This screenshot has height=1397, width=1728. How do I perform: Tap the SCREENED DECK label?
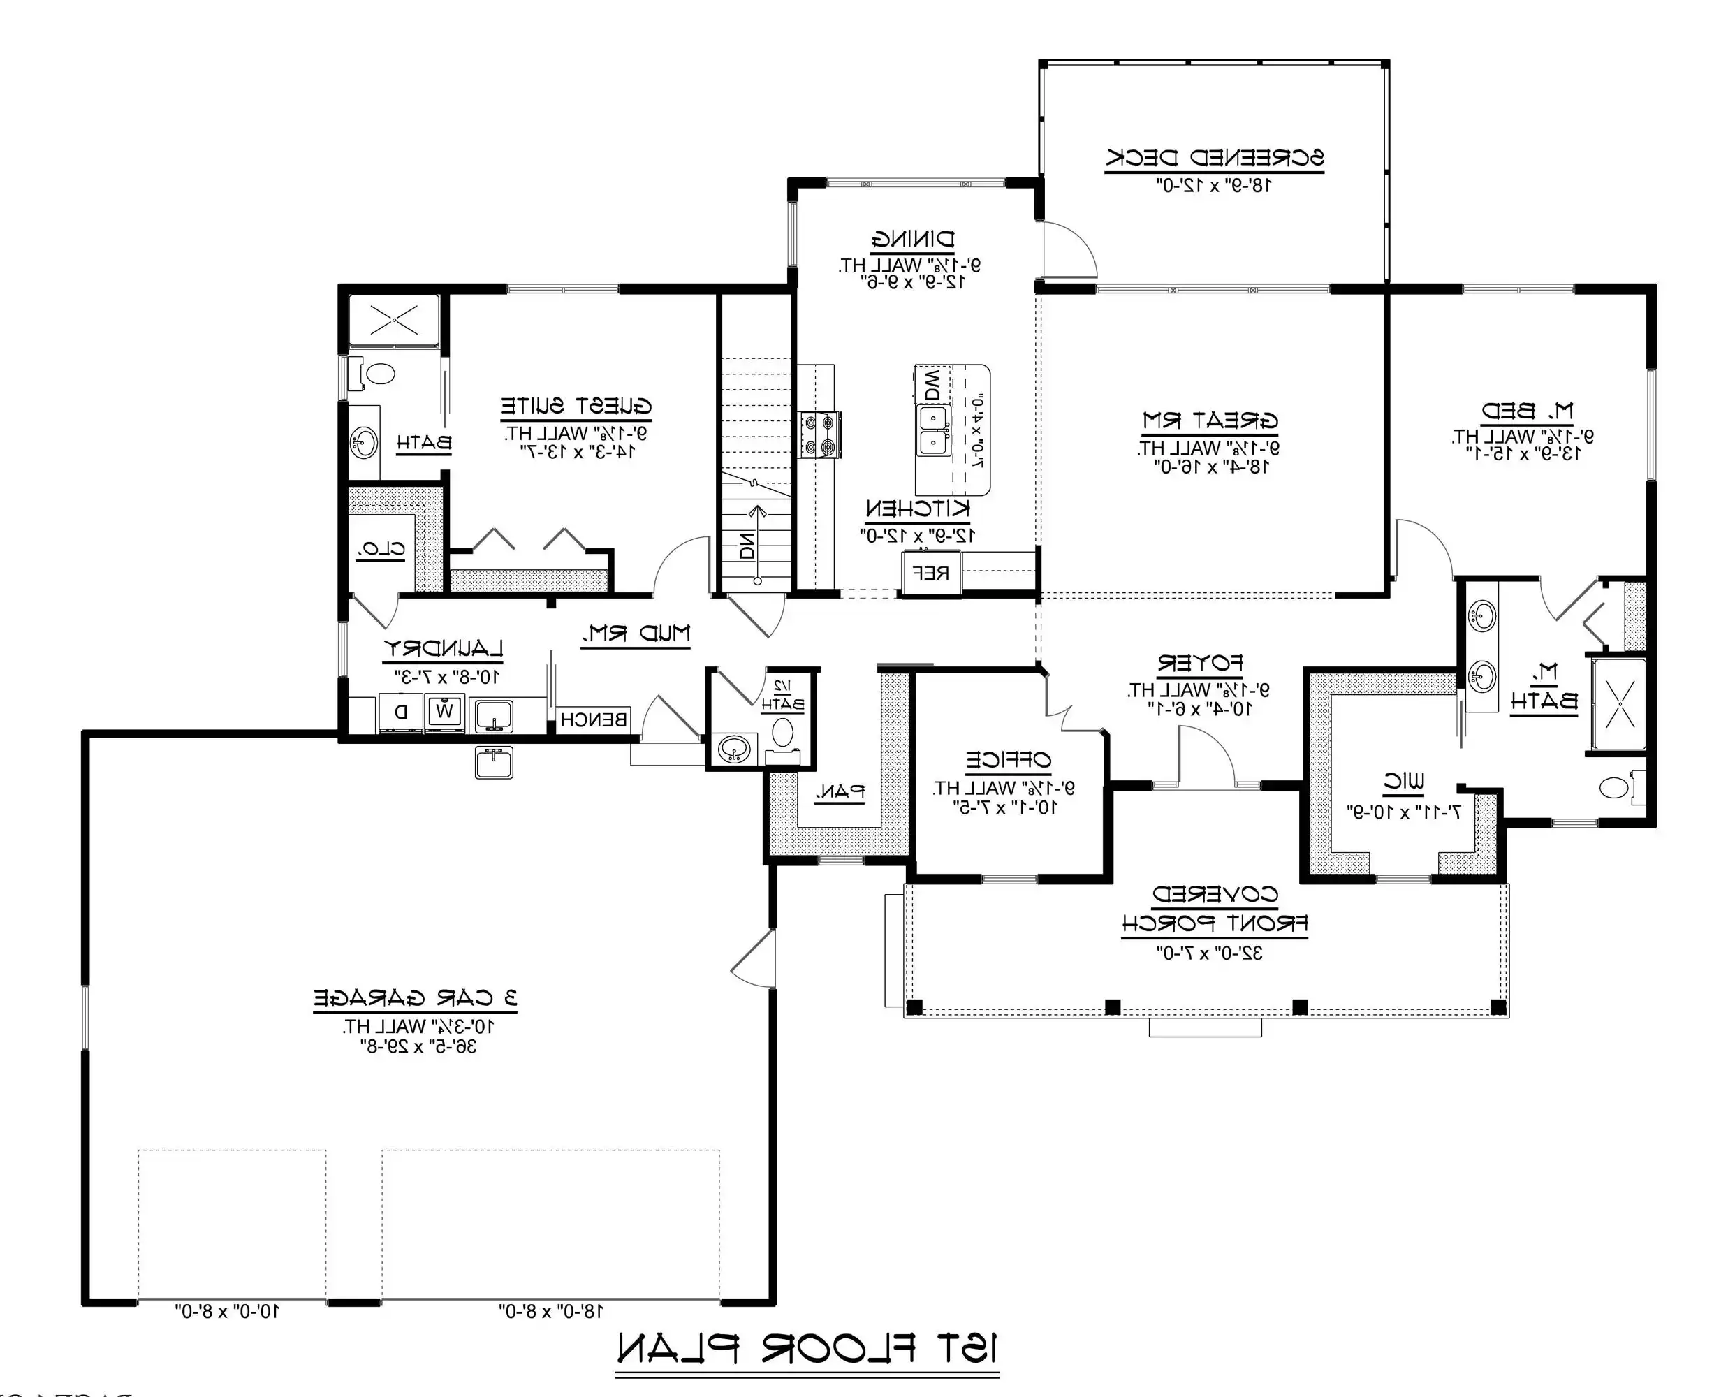click(1215, 157)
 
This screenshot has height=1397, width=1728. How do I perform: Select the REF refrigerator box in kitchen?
click(932, 573)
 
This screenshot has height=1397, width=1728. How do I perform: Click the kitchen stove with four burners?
click(820, 434)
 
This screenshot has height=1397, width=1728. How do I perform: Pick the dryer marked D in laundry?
click(402, 711)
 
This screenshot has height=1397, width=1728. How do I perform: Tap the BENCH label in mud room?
click(594, 719)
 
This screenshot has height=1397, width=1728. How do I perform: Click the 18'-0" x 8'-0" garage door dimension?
click(551, 1312)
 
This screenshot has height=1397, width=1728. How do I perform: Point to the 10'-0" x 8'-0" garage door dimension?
click(228, 1312)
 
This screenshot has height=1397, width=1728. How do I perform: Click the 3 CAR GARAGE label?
click(415, 999)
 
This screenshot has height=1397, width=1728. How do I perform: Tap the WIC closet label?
click(1404, 781)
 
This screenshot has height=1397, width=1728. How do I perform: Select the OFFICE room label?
click(1008, 760)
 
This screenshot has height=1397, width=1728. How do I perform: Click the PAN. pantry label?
click(840, 792)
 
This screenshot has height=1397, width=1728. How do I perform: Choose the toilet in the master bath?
click(1616, 787)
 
